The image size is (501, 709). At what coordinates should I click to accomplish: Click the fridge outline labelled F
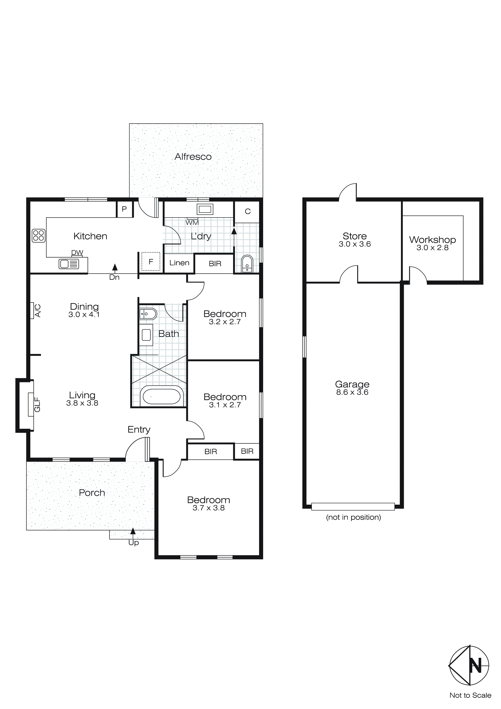click(x=151, y=262)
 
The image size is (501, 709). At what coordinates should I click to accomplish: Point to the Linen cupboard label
click(x=179, y=263)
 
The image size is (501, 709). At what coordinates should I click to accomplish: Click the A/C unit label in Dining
click(x=37, y=310)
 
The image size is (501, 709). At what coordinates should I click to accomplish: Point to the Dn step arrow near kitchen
click(x=115, y=268)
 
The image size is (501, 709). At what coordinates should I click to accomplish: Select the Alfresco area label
click(x=193, y=157)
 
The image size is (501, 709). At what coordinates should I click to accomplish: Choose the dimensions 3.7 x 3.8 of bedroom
click(x=209, y=508)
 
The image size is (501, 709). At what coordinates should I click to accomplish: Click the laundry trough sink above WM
click(x=205, y=209)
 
